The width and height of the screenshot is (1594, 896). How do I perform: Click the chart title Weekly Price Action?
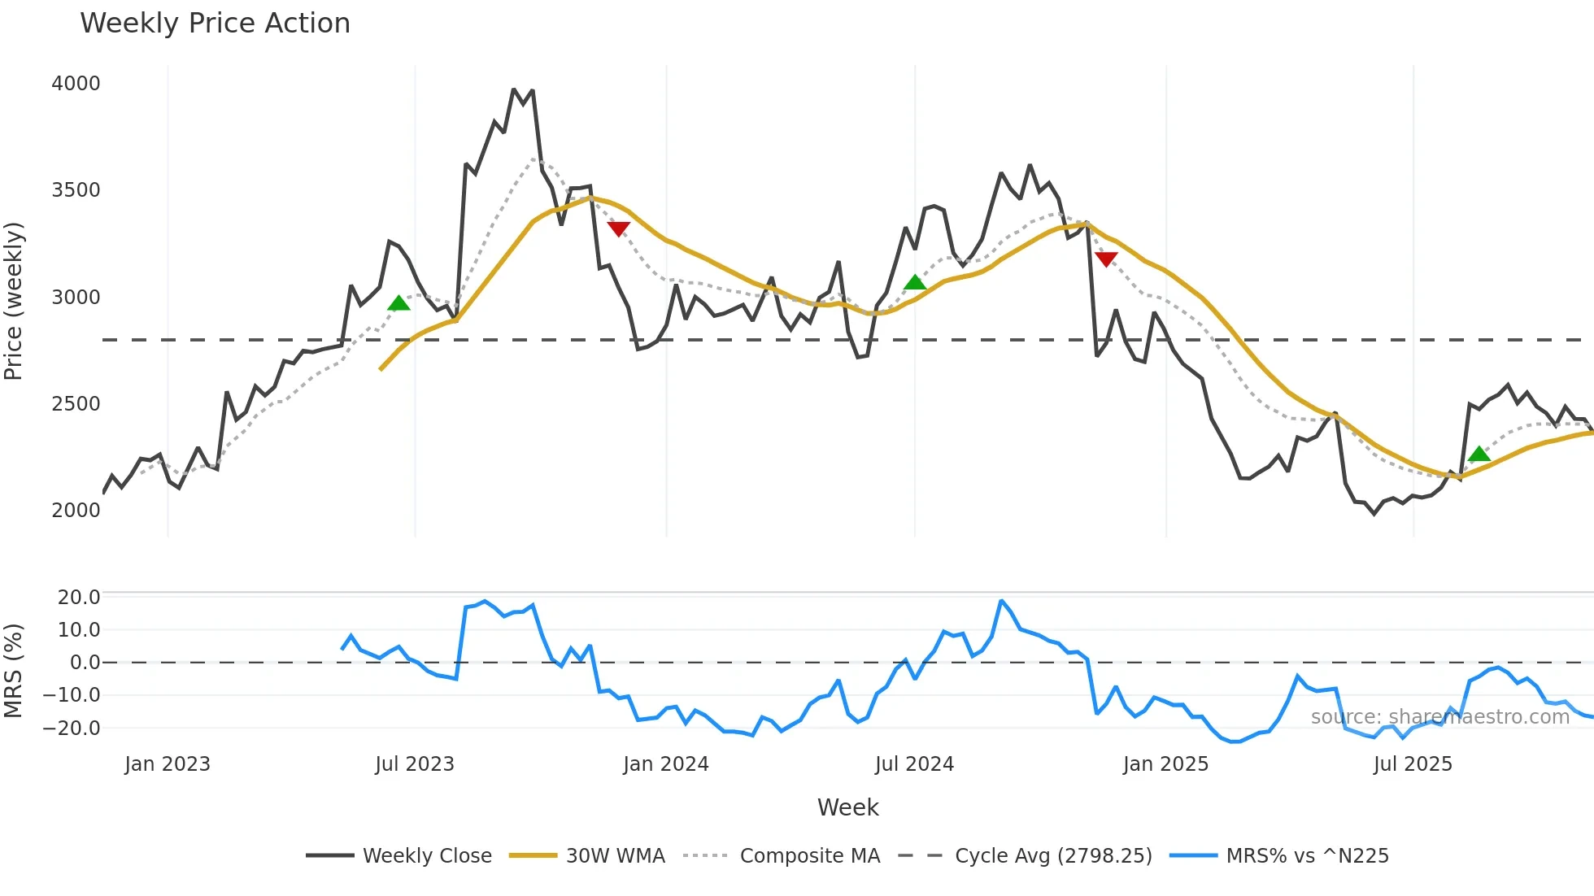(x=215, y=24)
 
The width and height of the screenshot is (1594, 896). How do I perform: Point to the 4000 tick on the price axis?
(x=76, y=84)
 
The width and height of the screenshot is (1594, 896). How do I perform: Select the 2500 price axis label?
(x=76, y=404)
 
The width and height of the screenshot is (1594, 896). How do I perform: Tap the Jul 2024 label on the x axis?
(x=914, y=764)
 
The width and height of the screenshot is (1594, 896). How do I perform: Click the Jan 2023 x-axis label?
(x=168, y=764)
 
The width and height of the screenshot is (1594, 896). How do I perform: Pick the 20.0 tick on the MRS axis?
(x=79, y=598)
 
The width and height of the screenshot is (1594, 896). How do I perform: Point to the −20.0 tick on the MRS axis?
(x=72, y=729)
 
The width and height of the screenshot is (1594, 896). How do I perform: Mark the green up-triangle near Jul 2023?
(x=398, y=304)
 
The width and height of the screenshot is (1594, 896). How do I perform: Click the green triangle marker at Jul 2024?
(x=915, y=283)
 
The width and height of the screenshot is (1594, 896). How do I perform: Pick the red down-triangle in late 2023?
(x=619, y=229)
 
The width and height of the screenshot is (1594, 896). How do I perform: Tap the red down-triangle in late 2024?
(x=1106, y=259)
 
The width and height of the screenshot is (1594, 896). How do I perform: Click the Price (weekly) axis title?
(x=14, y=301)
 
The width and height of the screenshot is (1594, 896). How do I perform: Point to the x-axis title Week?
(x=847, y=807)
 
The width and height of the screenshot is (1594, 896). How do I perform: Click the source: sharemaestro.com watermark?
(x=1439, y=717)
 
